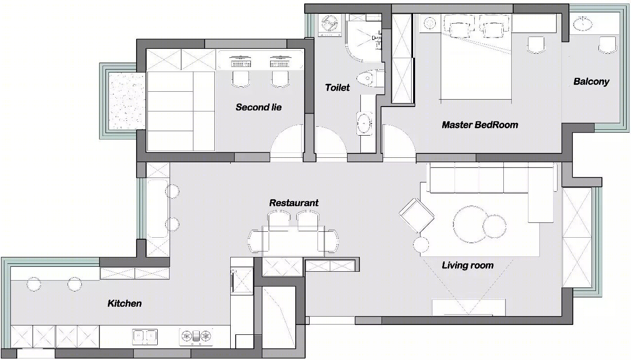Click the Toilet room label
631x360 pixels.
(337, 88)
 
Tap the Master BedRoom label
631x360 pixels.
(480, 125)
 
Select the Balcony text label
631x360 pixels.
(591, 82)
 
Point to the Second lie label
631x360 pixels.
(259, 107)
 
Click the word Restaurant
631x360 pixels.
(294, 203)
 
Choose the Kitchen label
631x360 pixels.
(125, 303)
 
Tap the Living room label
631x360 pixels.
(468, 265)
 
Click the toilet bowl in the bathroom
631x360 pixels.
(370, 78)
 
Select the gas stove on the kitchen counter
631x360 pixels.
(196, 337)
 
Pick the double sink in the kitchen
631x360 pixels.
(145, 337)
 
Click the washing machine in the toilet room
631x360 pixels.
(330, 25)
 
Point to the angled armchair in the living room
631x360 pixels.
(417, 216)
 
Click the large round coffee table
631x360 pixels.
(470, 224)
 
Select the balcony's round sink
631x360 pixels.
(582, 24)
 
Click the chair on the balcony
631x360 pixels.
(607, 45)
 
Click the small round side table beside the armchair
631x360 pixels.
(421, 245)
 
